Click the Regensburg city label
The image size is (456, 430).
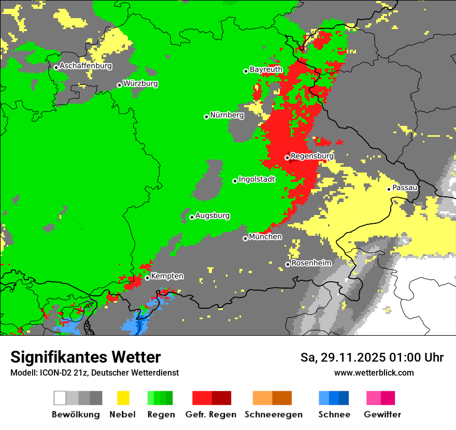click(x=312, y=156)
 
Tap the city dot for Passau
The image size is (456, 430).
click(x=389, y=189)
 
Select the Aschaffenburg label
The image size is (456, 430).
click(x=85, y=66)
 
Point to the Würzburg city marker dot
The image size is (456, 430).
click(x=119, y=85)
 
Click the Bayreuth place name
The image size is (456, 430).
click(x=266, y=69)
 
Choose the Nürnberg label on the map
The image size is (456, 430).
click(x=226, y=115)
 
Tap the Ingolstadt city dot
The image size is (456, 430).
click(x=235, y=181)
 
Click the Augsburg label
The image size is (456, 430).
click(x=212, y=216)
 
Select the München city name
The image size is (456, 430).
click(x=265, y=237)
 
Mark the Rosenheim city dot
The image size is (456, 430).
click(x=288, y=265)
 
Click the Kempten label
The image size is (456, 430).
click(x=167, y=276)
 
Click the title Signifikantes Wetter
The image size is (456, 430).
click(x=85, y=357)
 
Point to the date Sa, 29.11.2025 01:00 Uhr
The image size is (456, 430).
click(x=372, y=357)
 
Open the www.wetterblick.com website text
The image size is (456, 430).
click(x=374, y=372)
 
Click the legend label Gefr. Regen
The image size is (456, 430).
click(x=211, y=414)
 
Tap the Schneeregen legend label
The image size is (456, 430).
click(x=273, y=414)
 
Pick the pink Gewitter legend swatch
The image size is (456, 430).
click(x=374, y=398)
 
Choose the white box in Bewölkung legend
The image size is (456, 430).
click(x=60, y=398)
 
